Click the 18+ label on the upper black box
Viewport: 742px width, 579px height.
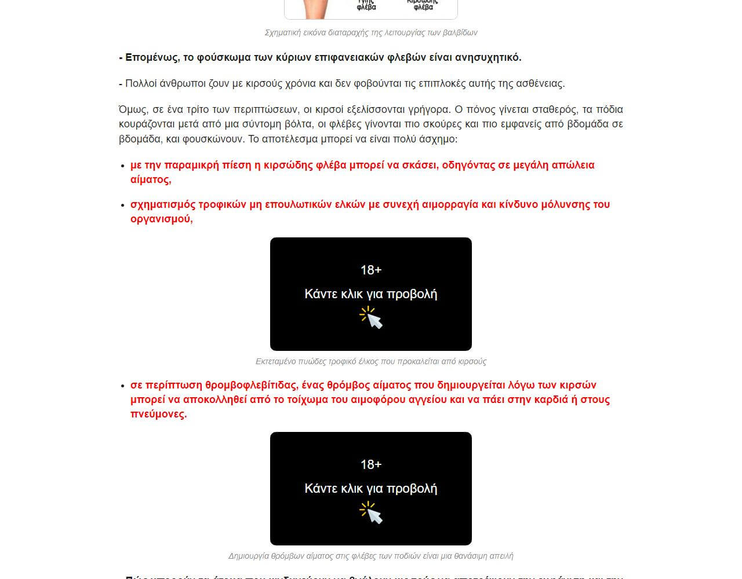371,270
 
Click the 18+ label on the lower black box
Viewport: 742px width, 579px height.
371,464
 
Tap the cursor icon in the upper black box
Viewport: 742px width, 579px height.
372,318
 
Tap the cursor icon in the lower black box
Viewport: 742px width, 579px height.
372,512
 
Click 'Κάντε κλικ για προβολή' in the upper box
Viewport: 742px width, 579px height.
371,294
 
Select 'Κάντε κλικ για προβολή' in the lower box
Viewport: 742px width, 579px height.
371,489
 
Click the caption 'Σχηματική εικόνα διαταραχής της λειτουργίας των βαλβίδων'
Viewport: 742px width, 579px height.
371,32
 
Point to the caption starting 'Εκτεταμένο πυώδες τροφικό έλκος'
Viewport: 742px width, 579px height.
371,361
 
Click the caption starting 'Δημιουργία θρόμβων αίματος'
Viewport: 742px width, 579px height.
371,556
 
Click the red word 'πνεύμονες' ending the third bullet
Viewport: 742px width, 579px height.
158,414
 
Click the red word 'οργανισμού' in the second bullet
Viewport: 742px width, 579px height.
160,219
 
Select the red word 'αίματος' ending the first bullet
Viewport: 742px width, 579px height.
150,179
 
